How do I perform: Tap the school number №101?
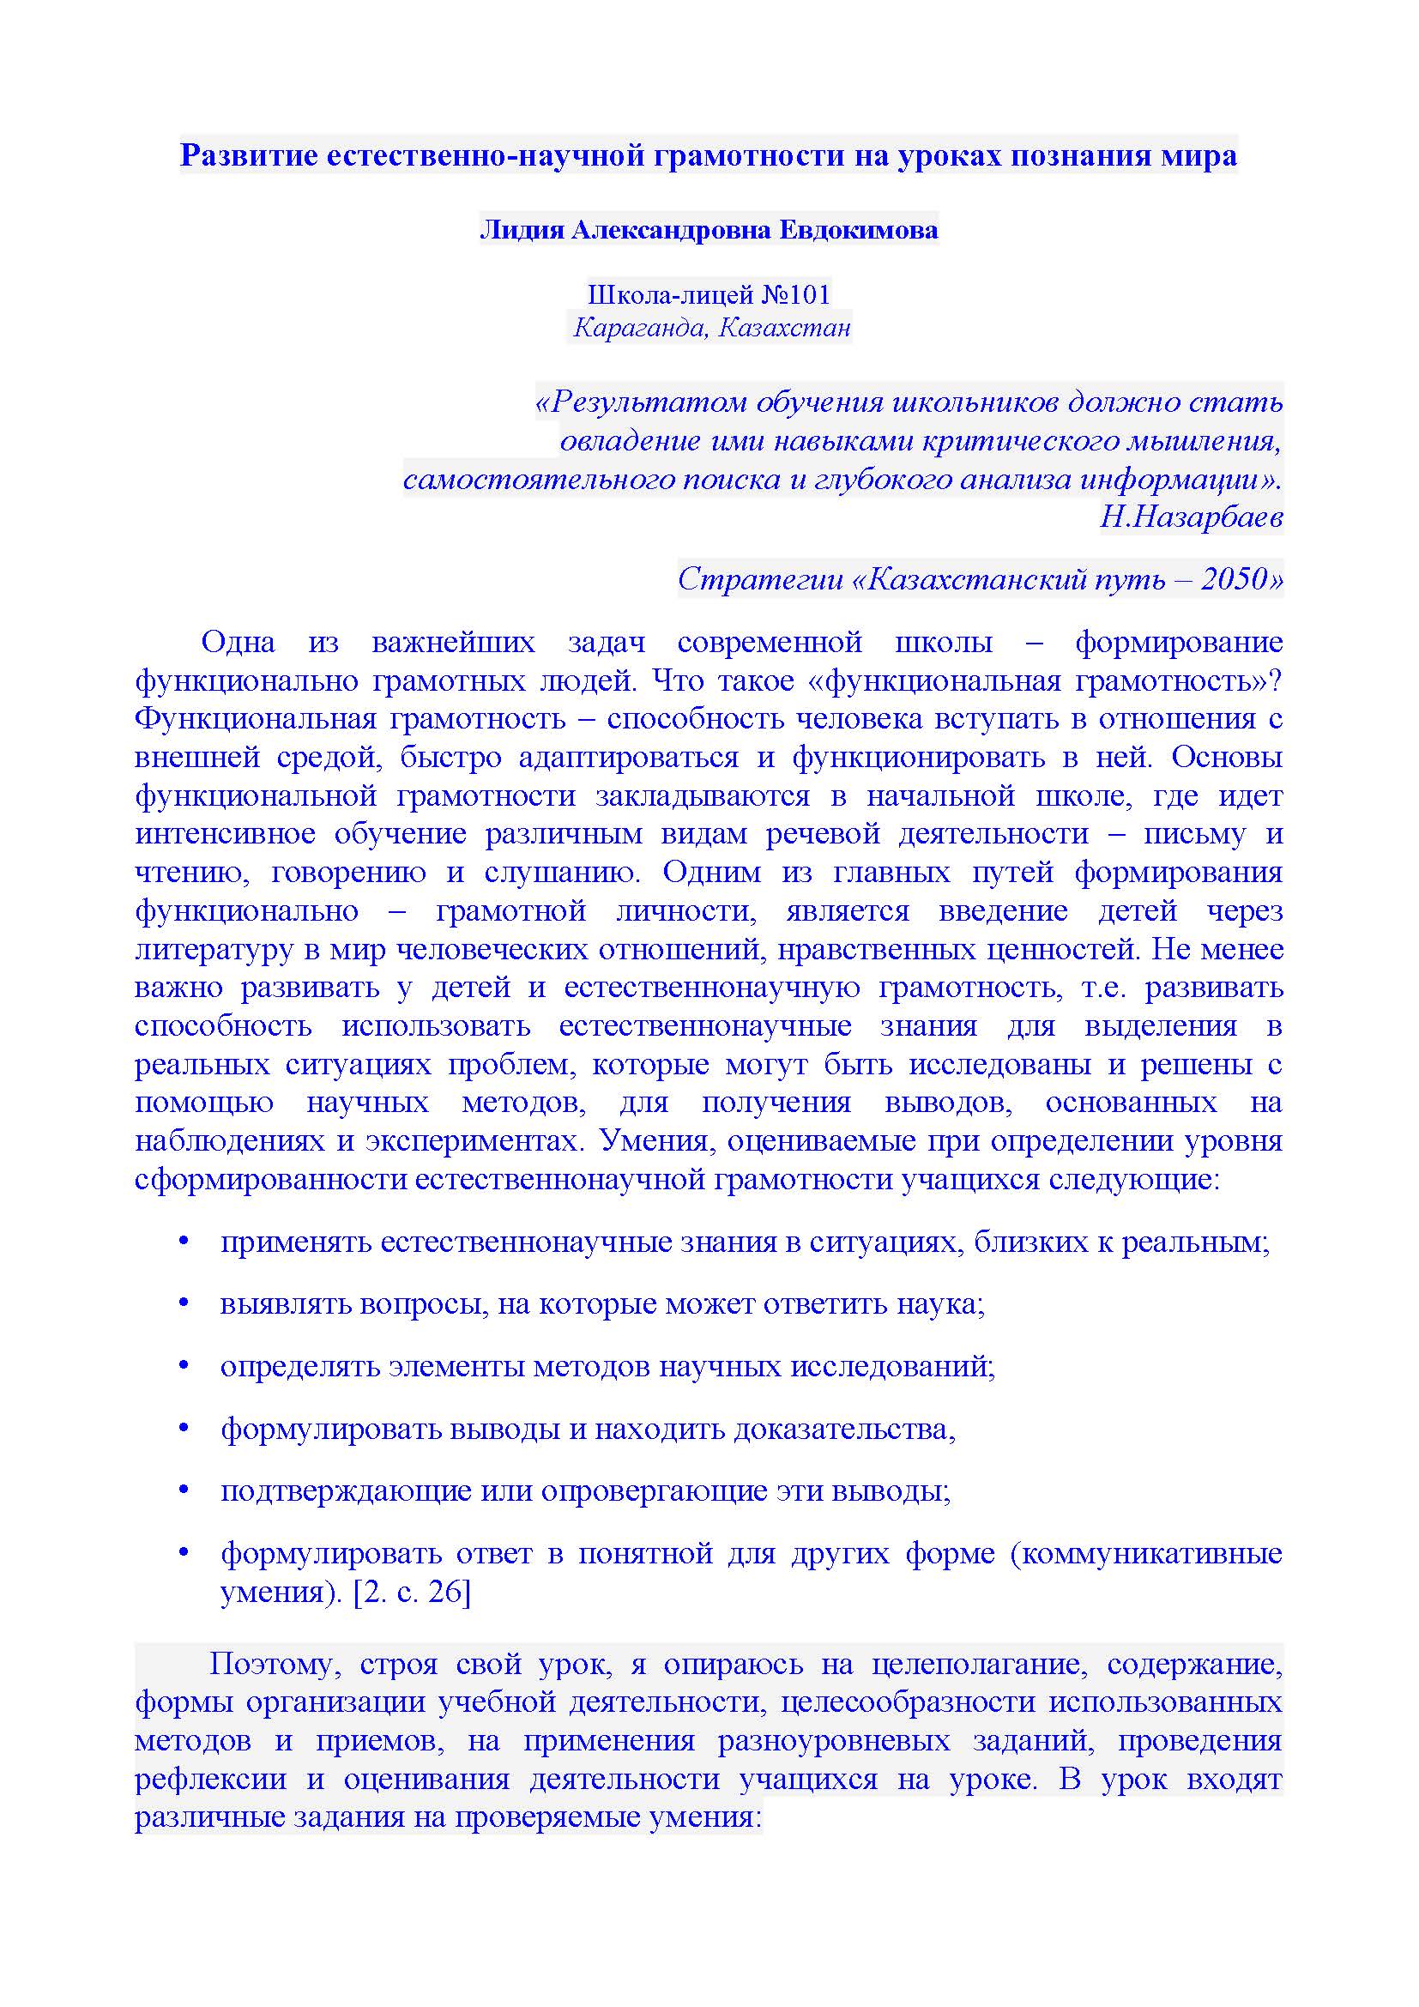pyautogui.click(x=795, y=294)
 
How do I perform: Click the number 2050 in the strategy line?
pyautogui.click(x=1233, y=578)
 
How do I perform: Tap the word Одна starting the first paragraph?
pyautogui.click(x=238, y=643)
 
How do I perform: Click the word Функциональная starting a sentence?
pyautogui.click(x=252, y=718)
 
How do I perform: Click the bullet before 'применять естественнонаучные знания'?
pyautogui.click(x=184, y=1242)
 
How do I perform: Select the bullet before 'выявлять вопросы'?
pyautogui.click(x=184, y=1304)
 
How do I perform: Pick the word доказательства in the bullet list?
pyautogui.click(x=844, y=1430)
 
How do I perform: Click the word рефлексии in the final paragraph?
pyautogui.click(x=210, y=1779)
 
